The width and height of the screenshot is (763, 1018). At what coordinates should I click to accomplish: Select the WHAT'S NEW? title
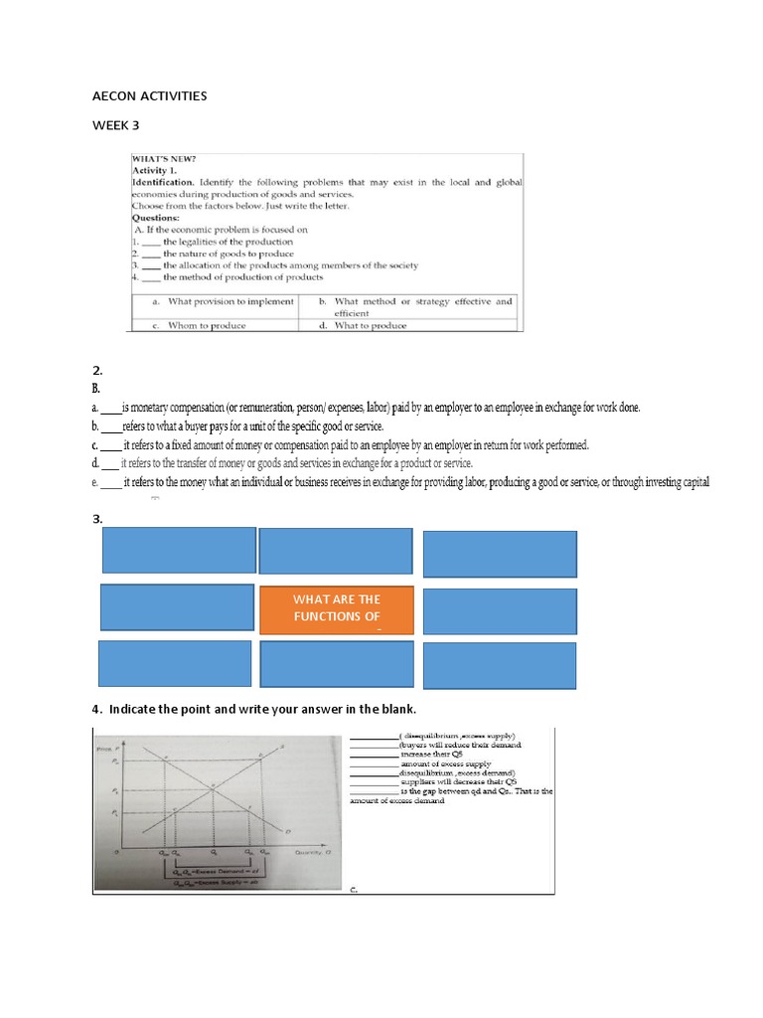(165, 158)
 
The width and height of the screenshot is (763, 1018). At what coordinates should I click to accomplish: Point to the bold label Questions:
(156, 217)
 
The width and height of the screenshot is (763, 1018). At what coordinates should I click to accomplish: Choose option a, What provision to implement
(224, 301)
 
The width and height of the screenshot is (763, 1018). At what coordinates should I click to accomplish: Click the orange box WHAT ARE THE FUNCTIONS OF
(336, 608)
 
